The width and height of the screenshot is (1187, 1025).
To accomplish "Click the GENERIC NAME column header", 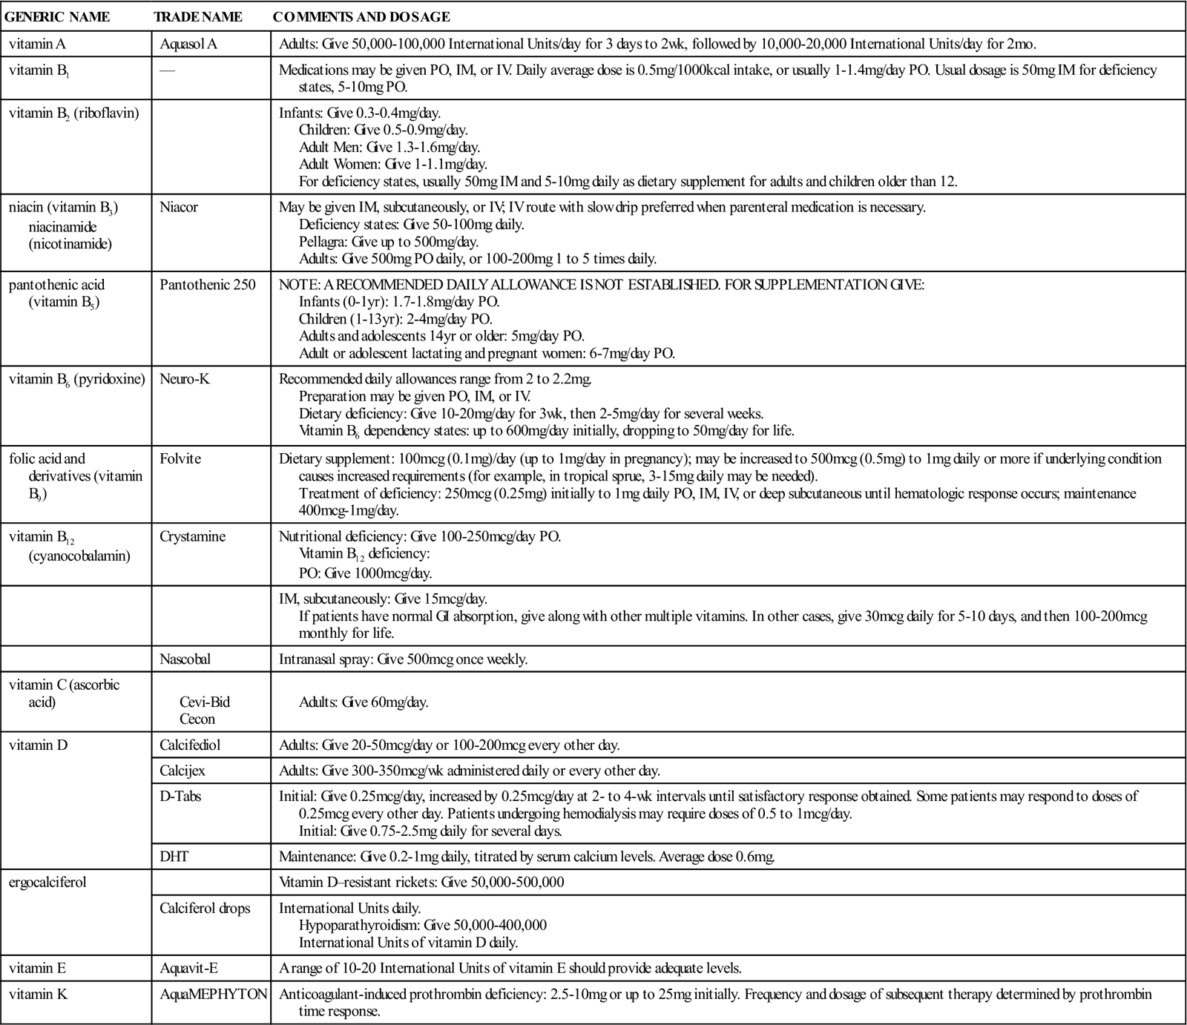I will coord(57,17).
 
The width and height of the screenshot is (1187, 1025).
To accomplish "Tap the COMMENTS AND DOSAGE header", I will coord(361,17).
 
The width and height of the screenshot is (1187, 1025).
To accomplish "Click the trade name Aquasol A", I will coord(188,44).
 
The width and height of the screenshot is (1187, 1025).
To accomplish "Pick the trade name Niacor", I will coord(179,207).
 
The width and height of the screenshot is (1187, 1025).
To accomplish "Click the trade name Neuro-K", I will coord(185,379).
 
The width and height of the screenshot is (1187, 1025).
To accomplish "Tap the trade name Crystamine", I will coord(192,536).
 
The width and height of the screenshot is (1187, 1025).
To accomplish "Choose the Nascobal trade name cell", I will coord(187,659).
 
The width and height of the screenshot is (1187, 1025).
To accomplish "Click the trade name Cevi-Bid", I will coord(200,702).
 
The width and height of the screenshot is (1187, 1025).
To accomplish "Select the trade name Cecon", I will coord(197,719).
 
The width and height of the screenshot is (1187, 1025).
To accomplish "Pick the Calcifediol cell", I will coord(190,745).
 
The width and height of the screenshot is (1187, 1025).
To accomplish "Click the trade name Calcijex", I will coord(183,771).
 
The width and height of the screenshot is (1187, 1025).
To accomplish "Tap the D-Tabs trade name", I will coord(180,797).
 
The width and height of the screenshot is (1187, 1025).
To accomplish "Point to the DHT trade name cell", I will coord(174,857).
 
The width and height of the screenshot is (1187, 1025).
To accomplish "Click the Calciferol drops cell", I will coord(205,908).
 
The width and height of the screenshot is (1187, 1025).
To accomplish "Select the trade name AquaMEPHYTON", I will coord(213,994).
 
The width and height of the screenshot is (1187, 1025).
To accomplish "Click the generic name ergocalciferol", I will coord(47,883).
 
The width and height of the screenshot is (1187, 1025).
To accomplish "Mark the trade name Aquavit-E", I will coord(188,968).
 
